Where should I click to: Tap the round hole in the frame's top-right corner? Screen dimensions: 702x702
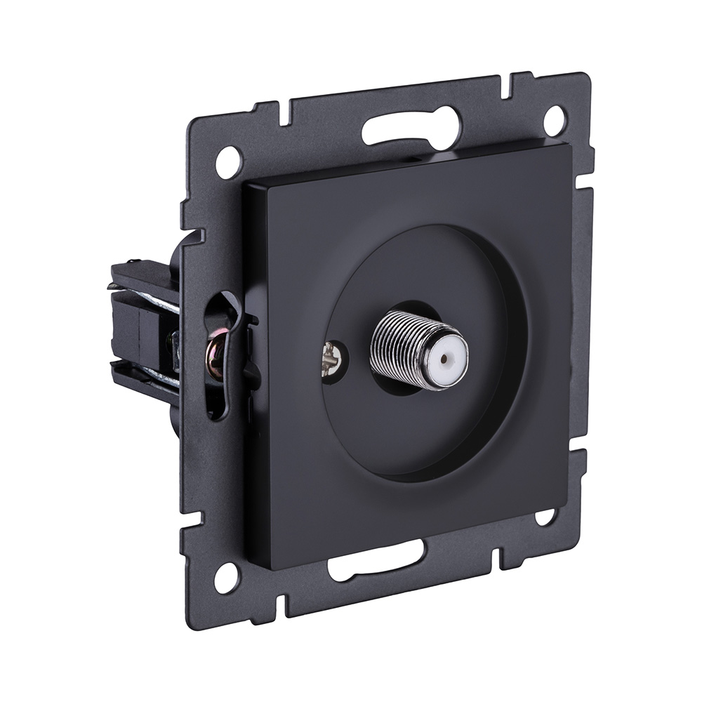554,120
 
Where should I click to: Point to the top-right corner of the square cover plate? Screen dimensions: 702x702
566,143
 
